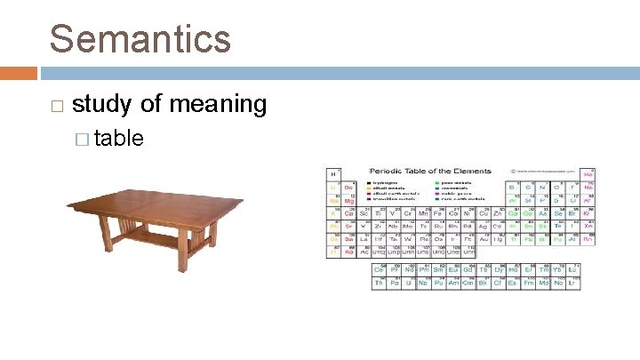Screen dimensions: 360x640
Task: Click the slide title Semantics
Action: coord(140,39)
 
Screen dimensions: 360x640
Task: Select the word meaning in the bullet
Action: coord(217,105)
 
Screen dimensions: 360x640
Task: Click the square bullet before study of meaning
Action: coord(57,106)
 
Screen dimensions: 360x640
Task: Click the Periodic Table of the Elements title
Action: coord(430,171)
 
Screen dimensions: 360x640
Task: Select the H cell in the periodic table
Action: coord(334,174)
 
